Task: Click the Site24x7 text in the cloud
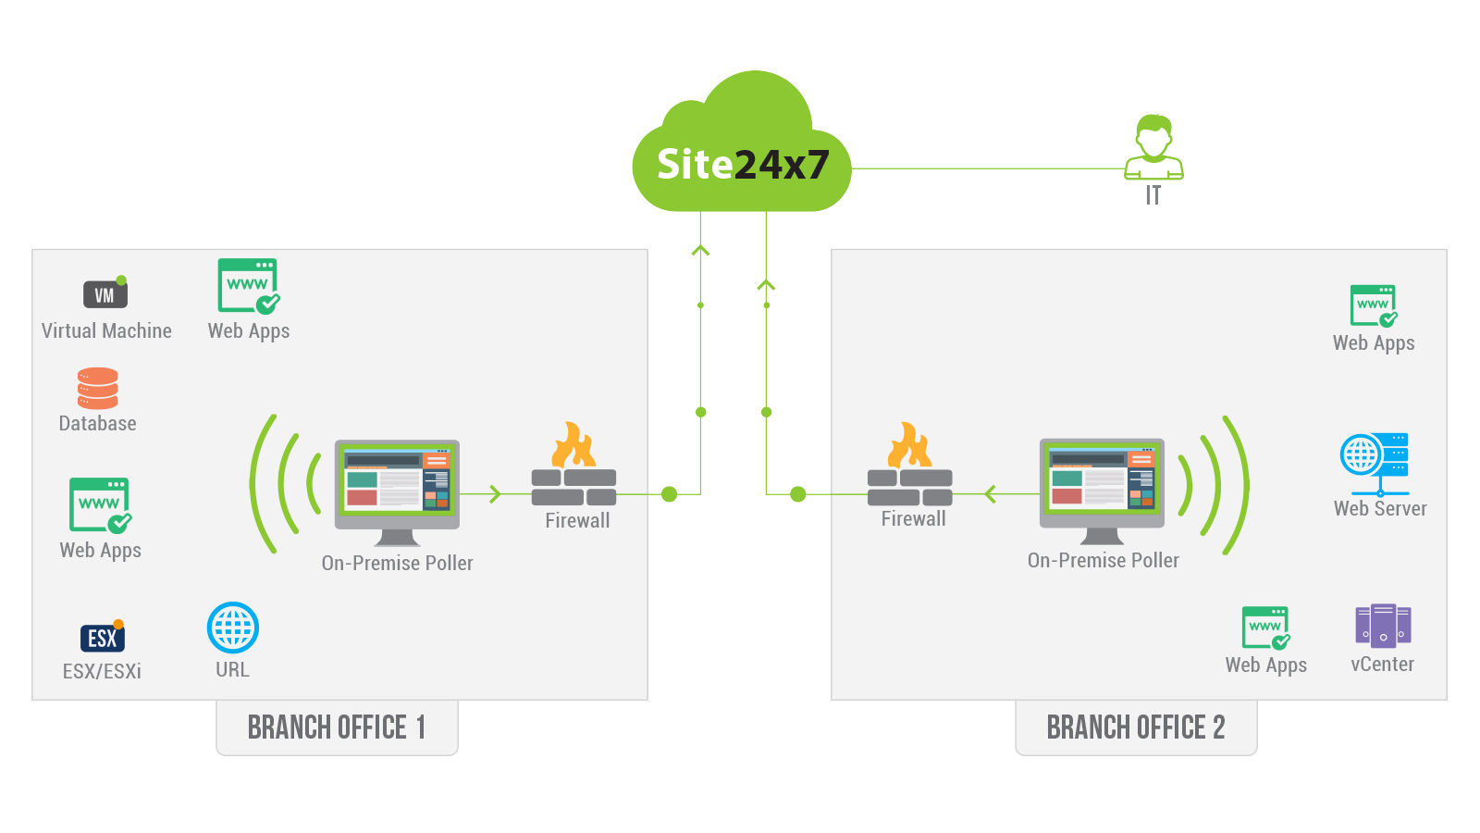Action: [x=743, y=165]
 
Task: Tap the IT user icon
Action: [x=1153, y=147]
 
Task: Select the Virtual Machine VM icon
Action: [x=105, y=294]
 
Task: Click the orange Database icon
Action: [x=98, y=389]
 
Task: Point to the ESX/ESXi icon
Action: [x=103, y=637]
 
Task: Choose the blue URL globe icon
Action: [x=233, y=628]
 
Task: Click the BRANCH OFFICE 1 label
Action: [x=337, y=727]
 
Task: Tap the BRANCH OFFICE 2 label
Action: [x=1135, y=727]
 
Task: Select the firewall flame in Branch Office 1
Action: [x=573, y=445]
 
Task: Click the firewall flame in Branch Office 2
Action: [x=909, y=445]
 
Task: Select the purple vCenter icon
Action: [x=1383, y=625]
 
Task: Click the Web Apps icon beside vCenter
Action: [x=1265, y=628]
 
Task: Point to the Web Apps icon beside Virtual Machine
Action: [x=248, y=286]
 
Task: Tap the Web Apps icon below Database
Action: [x=100, y=505]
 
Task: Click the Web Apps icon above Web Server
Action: [x=1374, y=306]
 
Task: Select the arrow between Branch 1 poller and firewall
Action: [x=495, y=494]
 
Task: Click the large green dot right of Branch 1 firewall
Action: [x=670, y=494]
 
